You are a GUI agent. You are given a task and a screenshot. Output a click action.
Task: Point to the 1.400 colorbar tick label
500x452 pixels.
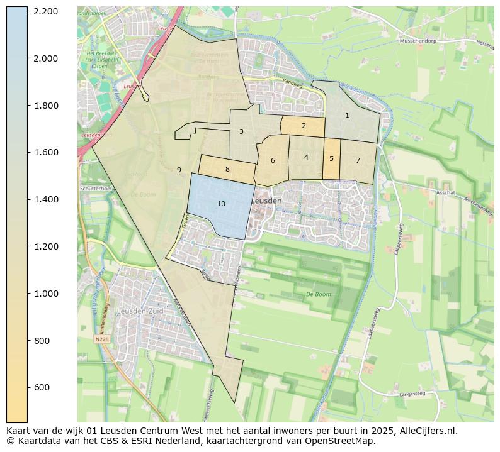[47, 199]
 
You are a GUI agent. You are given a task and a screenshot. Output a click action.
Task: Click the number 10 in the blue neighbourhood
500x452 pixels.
[221, 204]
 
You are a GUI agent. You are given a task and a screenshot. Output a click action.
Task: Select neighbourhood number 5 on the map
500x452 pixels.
[331, 158]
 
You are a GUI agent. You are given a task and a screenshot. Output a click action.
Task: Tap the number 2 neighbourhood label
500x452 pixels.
[304, 126]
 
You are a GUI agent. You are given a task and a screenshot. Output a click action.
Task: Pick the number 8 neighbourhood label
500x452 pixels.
[227, 169]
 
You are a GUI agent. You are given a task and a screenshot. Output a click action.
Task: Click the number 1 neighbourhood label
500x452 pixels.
[347, 115]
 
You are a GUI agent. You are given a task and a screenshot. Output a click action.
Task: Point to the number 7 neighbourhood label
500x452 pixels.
[358, 160]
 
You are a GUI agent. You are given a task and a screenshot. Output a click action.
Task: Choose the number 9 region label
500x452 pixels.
[179, 170]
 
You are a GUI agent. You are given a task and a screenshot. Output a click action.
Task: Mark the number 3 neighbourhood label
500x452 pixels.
[241, 131]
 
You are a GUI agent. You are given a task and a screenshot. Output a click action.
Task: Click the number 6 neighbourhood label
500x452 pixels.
[273, 160]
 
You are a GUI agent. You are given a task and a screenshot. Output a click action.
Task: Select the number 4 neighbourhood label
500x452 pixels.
[306, 157]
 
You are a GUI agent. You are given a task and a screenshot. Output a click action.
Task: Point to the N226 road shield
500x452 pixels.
[102, 339]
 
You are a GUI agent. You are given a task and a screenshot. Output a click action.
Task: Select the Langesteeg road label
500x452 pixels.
[412, 394]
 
